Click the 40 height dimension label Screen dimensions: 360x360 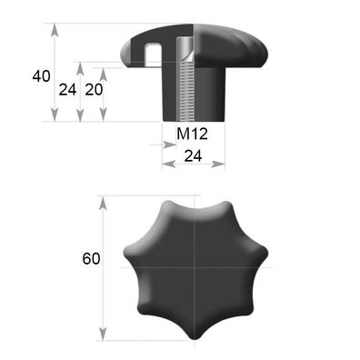[x=41, y=76]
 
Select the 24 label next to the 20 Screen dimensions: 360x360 [x=67, y=89]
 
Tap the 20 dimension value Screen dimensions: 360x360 [x=93, y=89]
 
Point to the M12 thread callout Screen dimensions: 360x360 [x=194, y=135]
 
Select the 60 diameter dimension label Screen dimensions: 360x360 [x=90, y=259]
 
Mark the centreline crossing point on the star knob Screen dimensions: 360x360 [x=195, y=266]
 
